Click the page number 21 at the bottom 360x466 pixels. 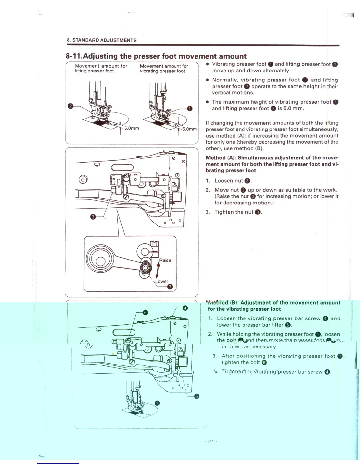(x=211, y=442)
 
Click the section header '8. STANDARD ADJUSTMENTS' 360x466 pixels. (x=102, y=40)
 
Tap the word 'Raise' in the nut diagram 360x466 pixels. (x=165, y=260)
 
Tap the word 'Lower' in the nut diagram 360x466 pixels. (x=162, y=282)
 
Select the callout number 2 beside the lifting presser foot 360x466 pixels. (x=70, y=106)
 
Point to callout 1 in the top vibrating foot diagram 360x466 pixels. (x=190, y=109)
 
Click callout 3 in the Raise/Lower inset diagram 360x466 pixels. (x=170, y=287)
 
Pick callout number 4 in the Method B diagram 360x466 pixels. (x=185, y=308)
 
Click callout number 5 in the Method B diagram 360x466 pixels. (x=197, y=396)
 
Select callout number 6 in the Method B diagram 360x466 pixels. (x=145, y=312)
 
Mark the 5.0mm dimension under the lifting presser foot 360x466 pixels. (x=131, y=128)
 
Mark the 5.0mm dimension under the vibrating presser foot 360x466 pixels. (x=189, y=129)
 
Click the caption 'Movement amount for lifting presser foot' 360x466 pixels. (x=101, y=68)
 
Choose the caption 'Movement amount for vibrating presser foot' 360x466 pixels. (x=164, y=69)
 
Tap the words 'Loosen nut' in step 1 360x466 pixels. (x=229, y=181)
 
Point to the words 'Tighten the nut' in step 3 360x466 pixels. (x=234, y=212)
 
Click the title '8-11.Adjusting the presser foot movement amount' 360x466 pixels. (x=156, y=56)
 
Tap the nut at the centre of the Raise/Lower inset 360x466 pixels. (x=145, y=268)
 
